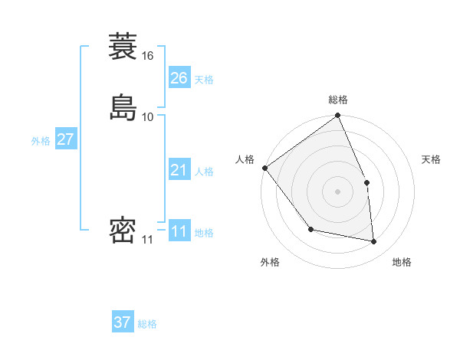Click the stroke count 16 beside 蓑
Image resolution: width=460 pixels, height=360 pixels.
click(148, 56)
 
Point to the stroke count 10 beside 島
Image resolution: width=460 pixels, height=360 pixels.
click(148, 116)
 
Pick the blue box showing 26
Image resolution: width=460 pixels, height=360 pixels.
click(179, 77)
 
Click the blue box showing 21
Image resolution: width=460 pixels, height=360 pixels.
click(179, 170)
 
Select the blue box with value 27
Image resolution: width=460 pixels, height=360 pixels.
click(65, 139)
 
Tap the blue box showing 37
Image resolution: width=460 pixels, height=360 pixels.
click(123, 322)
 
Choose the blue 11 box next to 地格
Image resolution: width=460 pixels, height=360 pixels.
click(179, 231)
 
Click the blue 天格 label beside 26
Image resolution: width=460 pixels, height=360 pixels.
click(204, 80)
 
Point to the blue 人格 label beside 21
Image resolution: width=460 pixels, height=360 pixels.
click(204, 172)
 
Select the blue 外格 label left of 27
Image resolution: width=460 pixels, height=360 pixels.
click(41, 141)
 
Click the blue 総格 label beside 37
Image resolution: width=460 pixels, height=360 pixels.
click(147, 324)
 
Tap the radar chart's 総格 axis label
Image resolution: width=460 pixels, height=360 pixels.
click(338, 100)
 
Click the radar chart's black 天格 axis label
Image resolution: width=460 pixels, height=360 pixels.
click(432, 159)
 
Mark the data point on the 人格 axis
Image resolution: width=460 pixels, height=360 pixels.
click(264, 168)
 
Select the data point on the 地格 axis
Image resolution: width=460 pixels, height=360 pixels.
click(374, 241)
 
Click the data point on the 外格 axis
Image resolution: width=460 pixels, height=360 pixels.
click(310, 229)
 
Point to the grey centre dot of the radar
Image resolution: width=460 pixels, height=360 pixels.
click(338, 191)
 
